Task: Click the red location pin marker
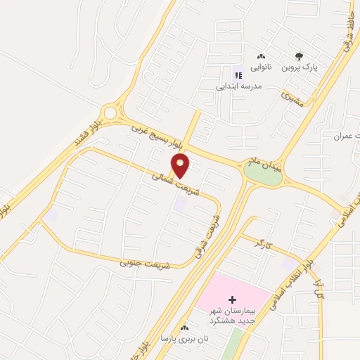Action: pos(181,166)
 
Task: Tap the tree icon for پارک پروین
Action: pos(300,57)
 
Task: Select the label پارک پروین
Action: pos(301,68)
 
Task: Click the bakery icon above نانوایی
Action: pos(262,56)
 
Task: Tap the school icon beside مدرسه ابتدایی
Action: pos(236,73)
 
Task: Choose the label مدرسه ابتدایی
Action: pos(239,85)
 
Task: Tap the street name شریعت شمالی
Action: pos(172,182)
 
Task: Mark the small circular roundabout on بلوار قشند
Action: pos(110,112)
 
